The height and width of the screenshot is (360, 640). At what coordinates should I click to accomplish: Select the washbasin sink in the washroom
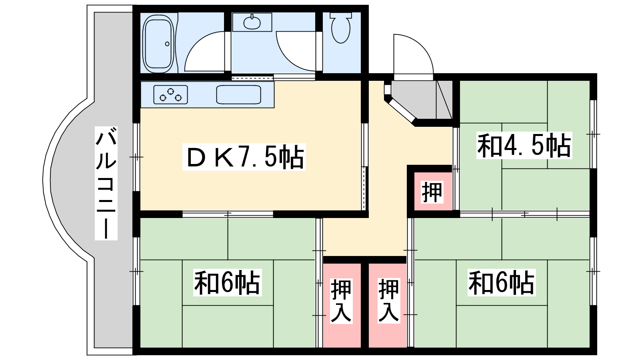[252, 22]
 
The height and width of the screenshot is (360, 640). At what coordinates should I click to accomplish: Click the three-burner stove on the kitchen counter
[170, 94]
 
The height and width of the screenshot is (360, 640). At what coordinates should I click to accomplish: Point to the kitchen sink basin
[238, 94]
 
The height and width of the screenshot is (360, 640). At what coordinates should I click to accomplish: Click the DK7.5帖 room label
[244, 157]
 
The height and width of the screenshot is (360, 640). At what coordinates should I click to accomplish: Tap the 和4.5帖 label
[524, 145]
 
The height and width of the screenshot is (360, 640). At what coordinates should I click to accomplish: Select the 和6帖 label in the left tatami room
[227, 282]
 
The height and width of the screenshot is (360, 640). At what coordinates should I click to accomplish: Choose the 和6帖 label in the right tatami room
[502, 282]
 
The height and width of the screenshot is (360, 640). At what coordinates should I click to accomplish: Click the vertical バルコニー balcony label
[106, 183]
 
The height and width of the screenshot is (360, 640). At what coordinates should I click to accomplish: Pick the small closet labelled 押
[433, 191]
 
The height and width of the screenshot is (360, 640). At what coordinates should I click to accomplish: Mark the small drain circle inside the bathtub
[167, 44]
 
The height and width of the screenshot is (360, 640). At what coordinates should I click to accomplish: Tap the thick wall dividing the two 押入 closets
[364, 305]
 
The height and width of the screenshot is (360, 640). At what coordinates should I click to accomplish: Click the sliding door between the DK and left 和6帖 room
[228, 214]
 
